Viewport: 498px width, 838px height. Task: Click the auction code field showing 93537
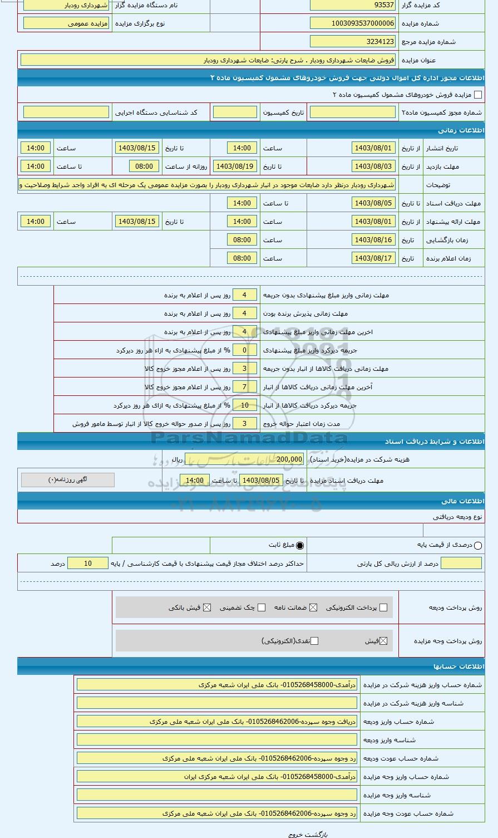pos(353,6)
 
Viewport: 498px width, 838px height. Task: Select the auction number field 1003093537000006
pos(353,23)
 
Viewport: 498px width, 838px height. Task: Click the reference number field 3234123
pos(353,41)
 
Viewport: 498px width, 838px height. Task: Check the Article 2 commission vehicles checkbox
pos(477,95)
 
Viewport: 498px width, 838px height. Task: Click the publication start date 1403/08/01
pos(373,148)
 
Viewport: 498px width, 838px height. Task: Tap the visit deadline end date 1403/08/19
pos(234,166)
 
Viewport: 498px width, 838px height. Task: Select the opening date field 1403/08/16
pos(373,240)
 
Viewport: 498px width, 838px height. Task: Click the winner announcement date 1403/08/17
pos(373,258)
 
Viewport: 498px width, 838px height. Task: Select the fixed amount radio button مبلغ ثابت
pos(300,546)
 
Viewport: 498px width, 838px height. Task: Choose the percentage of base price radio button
pos(478,546)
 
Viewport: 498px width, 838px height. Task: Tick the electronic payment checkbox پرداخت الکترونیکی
pos(383,607)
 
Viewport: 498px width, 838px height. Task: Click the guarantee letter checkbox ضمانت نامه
pos(314,607)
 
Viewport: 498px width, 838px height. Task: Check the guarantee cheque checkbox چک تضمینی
pos(262,607)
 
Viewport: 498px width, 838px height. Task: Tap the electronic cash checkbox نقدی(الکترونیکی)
pos(314,641)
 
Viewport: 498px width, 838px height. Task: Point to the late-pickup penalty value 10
pos(244,405)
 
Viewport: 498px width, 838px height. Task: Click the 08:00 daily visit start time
pos(144,166)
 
